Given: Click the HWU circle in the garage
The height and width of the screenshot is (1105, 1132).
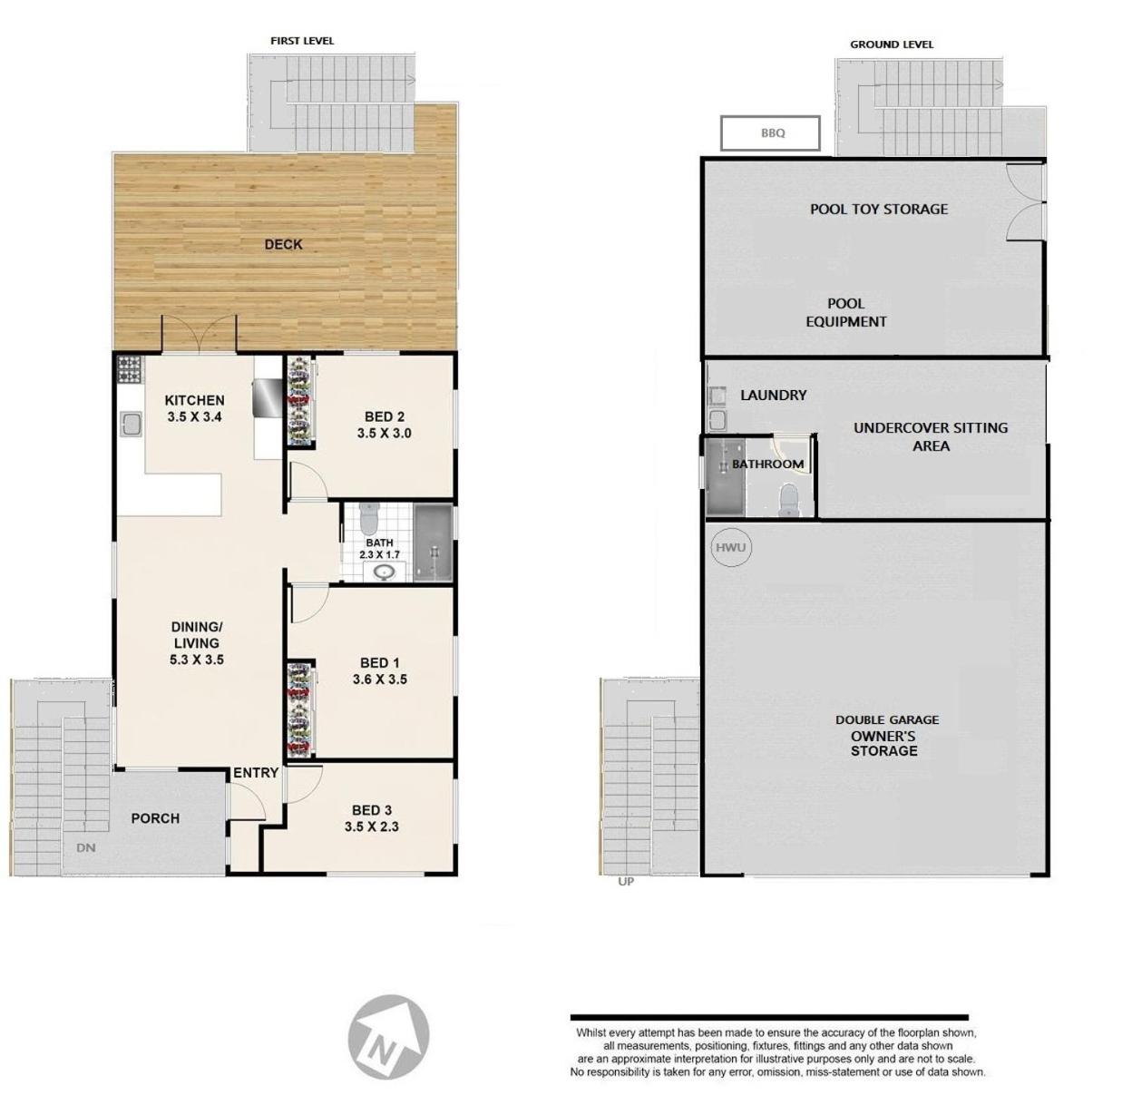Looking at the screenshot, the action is click(731, 548).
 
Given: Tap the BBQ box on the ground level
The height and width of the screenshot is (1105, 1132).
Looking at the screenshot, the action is click(770, 133).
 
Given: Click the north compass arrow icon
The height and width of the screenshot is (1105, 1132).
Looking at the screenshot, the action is click(388, 1036).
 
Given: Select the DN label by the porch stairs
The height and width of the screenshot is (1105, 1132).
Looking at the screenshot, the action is click(86, 848).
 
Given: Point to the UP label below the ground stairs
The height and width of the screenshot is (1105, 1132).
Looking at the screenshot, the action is click(626, 882).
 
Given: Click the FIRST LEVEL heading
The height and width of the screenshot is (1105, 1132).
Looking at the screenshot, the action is click(302, 41).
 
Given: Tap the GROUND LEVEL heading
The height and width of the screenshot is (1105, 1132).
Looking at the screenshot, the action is click(891, 44).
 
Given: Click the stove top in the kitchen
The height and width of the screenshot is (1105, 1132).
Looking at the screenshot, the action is click(129, 369).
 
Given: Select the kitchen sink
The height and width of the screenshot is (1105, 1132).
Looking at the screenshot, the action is click(131, 425).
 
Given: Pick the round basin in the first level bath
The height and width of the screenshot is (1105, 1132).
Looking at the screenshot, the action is click(384, 572).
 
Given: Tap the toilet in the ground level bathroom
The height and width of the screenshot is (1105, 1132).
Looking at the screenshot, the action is click(788, 500).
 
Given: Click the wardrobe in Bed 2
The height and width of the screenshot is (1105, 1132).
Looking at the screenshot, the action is click(300, 401).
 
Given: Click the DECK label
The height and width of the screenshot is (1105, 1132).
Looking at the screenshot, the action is click(283, 244).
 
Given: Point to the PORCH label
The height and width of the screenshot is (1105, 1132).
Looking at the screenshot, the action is click(155, 818).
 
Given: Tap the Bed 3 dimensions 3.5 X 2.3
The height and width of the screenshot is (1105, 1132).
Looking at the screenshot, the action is click(371, 826).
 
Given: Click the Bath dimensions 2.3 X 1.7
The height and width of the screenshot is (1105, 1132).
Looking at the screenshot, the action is click(379, 554).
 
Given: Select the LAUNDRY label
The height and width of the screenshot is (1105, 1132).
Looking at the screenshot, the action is click(773, 396).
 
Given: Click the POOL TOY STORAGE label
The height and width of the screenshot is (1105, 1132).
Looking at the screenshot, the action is click(879, 210).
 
